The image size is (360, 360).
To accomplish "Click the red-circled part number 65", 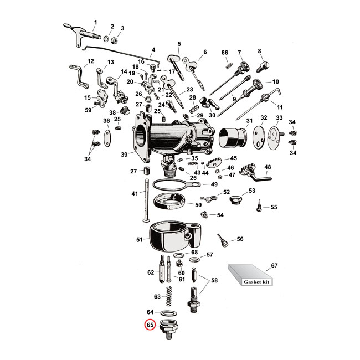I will tap(150, 326).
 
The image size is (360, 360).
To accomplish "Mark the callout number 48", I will tap(268, 167).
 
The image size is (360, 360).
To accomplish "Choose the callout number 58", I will tap(214, 281).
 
